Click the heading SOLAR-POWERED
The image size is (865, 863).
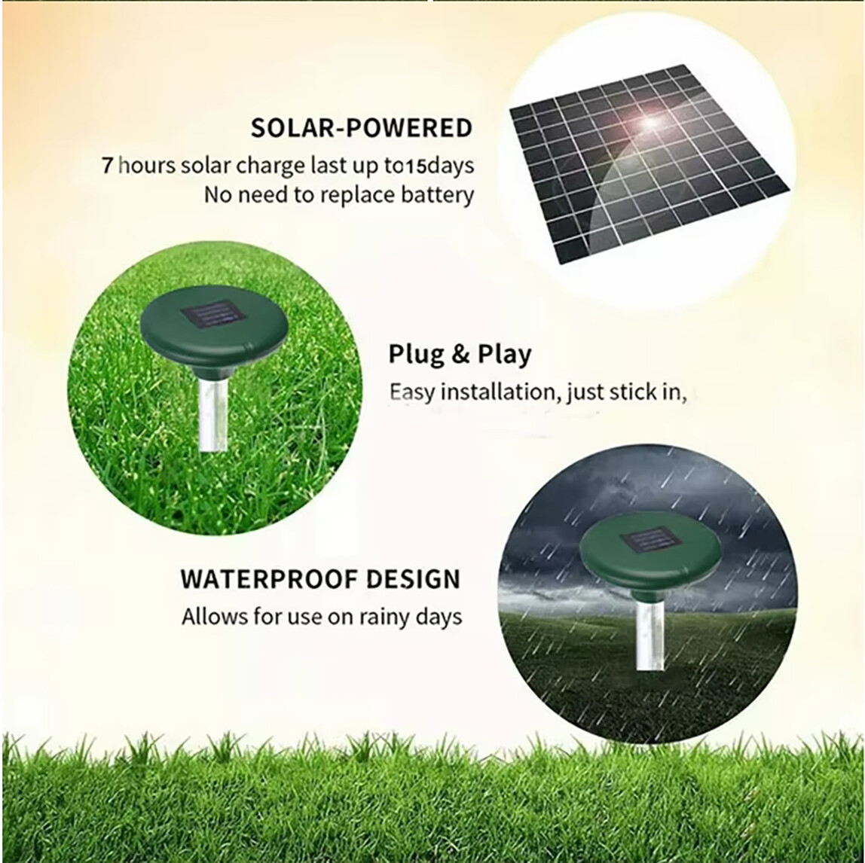[361, 128]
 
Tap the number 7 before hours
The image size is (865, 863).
[107, 165]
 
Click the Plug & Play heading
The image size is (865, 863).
[460, 354]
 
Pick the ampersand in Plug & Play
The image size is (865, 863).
[460, 355]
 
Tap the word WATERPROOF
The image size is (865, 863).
[267, 579]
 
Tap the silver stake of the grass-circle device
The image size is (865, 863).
[213, 414]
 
